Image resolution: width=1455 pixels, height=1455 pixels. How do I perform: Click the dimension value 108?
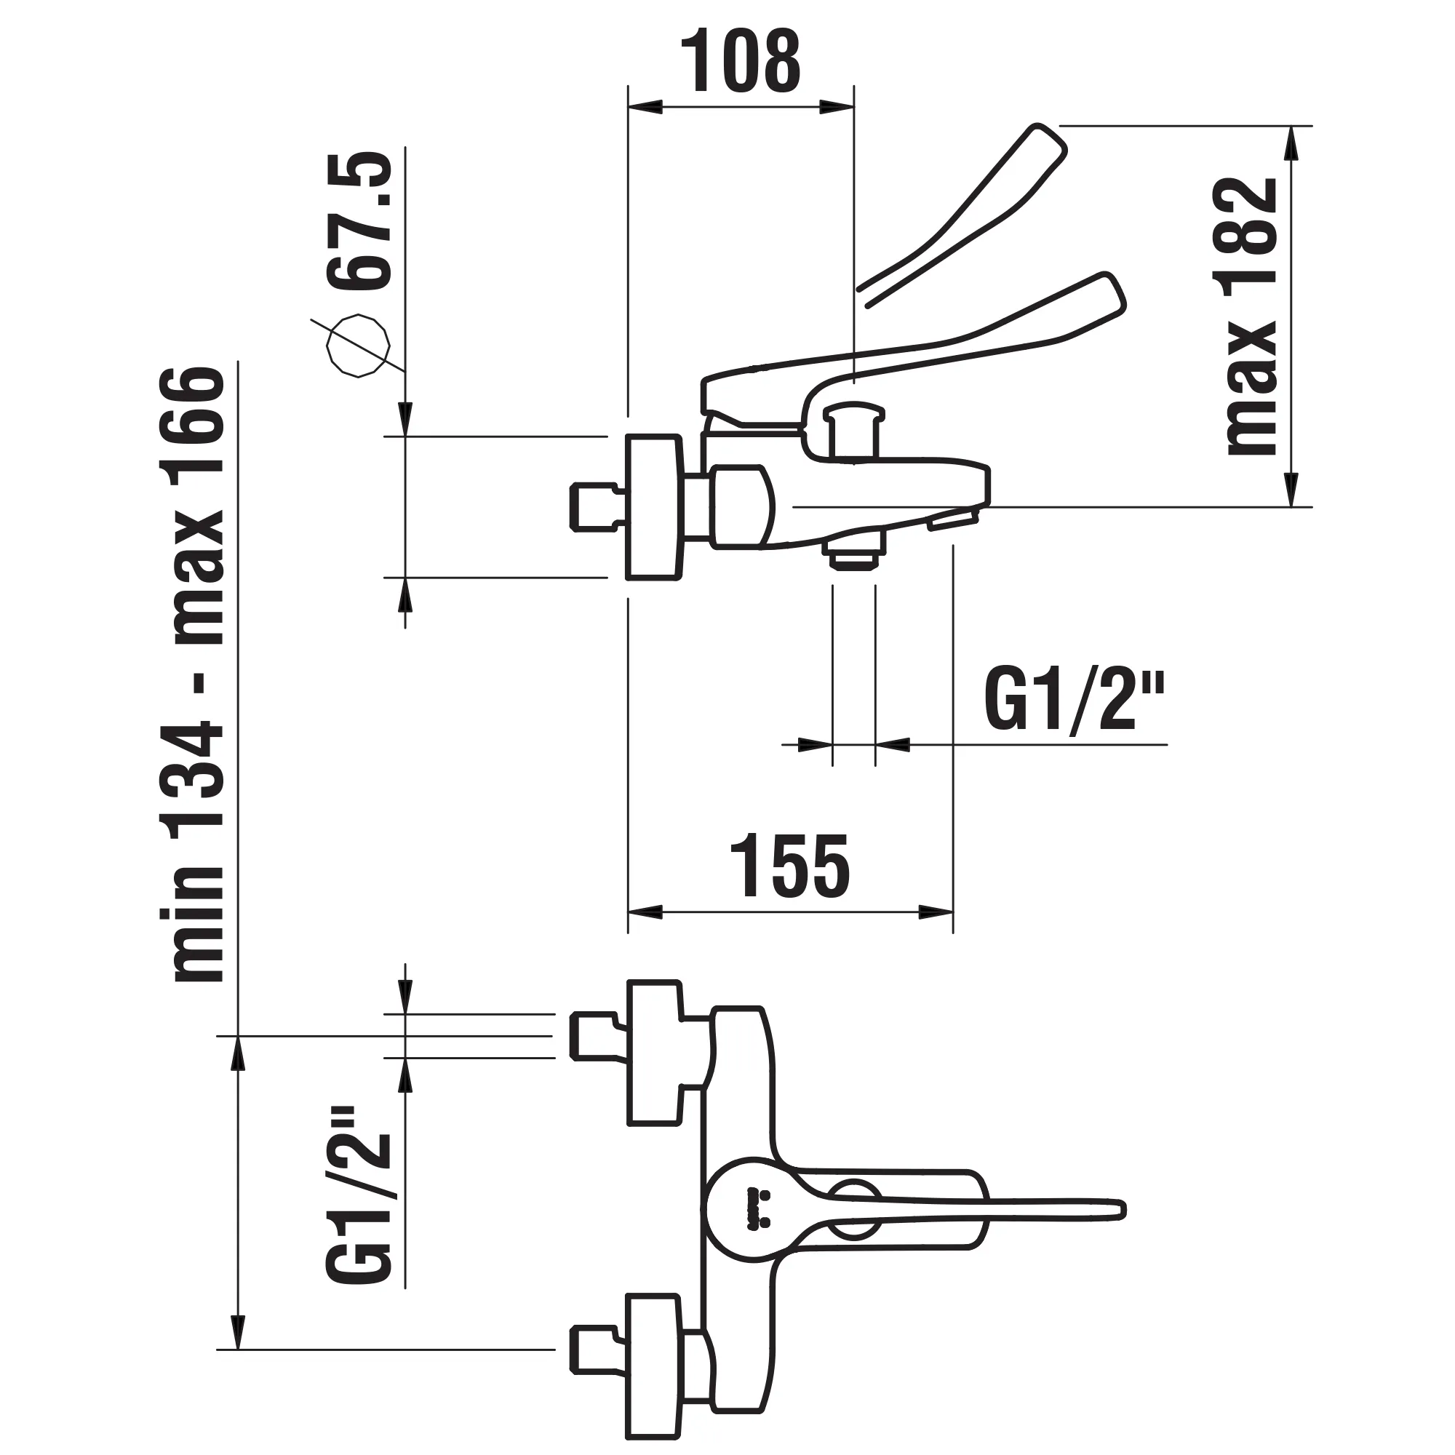[x=741, y=62]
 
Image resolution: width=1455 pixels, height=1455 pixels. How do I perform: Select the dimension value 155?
[x=790, y=866]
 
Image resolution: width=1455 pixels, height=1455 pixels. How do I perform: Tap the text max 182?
[x=1251, y=316]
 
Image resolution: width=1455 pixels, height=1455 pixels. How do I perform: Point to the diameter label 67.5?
[x=362, y=220]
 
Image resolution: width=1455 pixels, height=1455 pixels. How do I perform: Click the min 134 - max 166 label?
[x=199, y=674]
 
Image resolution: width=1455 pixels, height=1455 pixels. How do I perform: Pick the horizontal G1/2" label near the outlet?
[x=1074, y=702]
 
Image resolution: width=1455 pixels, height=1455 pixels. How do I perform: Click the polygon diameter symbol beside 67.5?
[x=359, y=346]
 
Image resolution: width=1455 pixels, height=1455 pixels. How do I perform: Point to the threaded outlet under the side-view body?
[x=853, y=557]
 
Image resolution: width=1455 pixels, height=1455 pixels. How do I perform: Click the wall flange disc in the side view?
[x=654, y=507]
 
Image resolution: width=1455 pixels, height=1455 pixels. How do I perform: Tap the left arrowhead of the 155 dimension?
[x=645, y=912]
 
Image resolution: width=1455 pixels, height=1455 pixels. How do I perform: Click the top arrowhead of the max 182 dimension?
[x=1292, y=143]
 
